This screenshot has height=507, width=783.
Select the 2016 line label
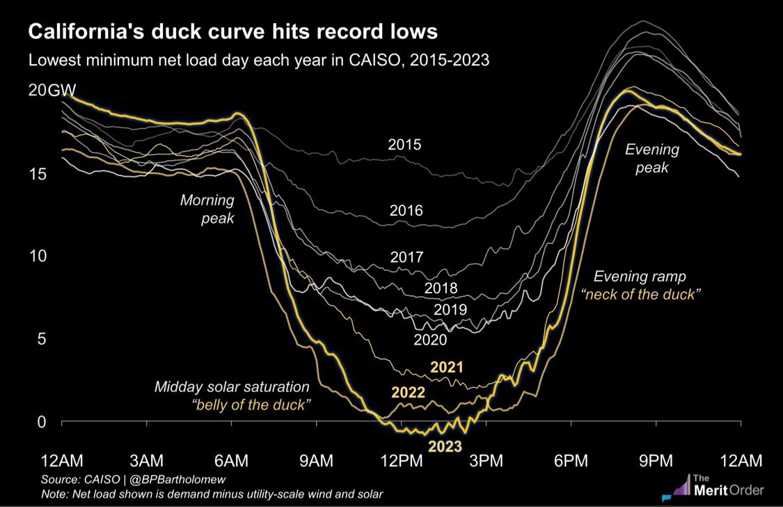(406, 210)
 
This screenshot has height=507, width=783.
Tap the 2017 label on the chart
(406, 257)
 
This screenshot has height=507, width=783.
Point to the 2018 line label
(440, 288)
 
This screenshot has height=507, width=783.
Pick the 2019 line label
(450, 310)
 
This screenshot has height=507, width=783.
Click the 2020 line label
(430, 341)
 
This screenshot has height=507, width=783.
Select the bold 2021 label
(448, 367)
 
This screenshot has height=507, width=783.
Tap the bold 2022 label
(407, 392)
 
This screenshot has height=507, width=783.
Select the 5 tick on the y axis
(41, 339)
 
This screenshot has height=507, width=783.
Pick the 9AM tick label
(316, 460)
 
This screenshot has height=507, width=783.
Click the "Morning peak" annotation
(207, 210)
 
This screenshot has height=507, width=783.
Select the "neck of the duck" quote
(640, 295)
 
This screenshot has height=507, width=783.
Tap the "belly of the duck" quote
(250, 405)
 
